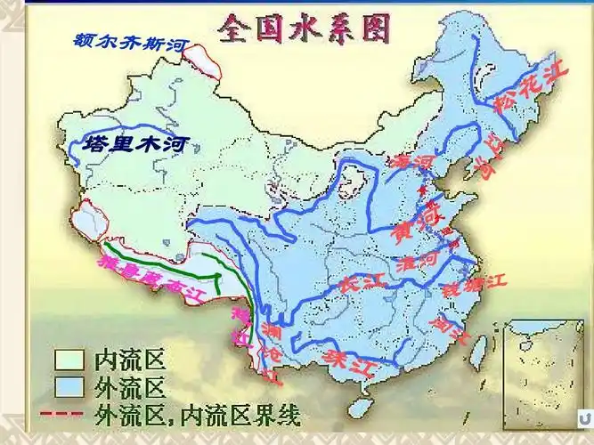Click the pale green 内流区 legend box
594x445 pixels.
69,360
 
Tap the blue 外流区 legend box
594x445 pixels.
69,387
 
